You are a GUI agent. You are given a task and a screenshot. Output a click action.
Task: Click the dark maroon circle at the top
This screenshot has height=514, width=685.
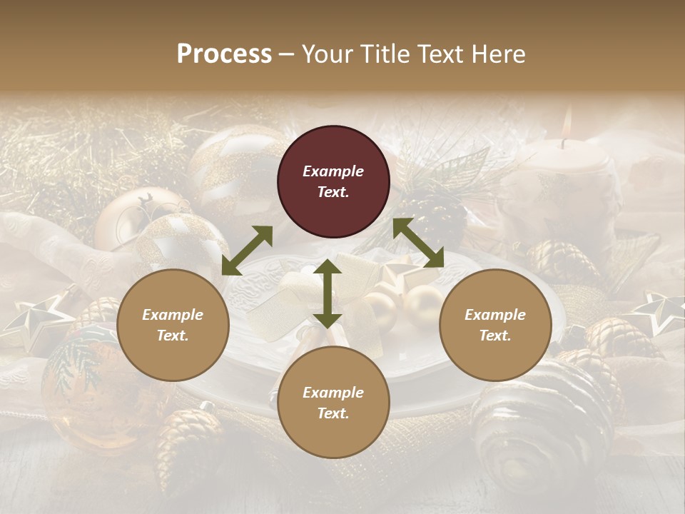pos(333,181)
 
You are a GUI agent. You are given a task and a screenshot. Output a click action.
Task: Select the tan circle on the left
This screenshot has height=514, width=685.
pos(173,325)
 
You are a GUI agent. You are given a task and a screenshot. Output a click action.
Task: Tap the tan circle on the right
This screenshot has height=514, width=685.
pos(495,325)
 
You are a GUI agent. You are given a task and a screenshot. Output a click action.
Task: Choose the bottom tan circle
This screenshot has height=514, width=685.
pos(333,403)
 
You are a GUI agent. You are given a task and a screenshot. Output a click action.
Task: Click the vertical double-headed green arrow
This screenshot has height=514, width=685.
pos(328,293)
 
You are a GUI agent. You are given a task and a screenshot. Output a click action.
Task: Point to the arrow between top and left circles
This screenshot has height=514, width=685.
pos(247,250)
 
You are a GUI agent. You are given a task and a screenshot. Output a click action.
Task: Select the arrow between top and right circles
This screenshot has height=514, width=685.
pos(418,243)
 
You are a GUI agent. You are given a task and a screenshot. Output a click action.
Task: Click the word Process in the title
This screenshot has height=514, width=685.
pos(224,54)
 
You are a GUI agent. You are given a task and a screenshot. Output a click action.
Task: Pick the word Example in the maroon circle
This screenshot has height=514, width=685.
pos(333,171)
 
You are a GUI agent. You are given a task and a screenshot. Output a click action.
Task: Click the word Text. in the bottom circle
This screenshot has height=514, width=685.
pos(333,413)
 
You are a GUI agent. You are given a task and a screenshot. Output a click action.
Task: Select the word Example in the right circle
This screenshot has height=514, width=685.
pos(495,315)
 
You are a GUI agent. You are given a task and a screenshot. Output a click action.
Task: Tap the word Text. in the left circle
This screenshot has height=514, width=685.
pos(173,336)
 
